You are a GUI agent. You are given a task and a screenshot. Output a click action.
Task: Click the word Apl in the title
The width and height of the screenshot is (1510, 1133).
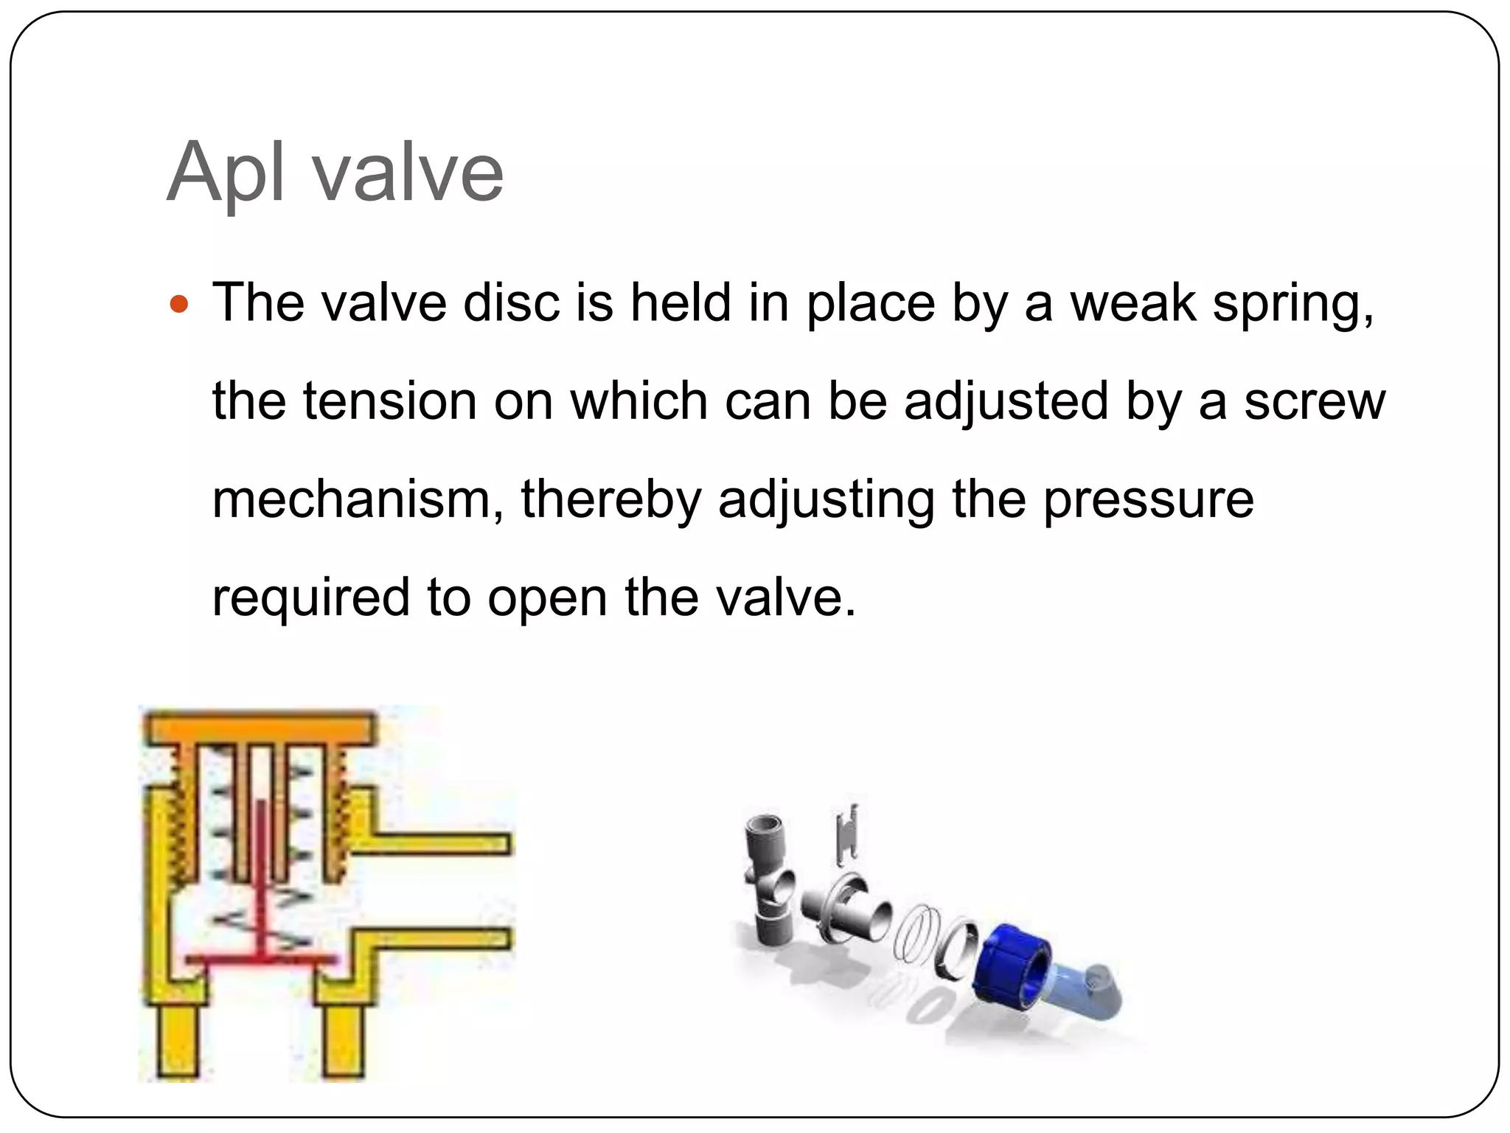point(226,172)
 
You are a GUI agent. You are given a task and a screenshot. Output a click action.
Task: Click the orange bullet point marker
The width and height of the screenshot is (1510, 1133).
point(179,303)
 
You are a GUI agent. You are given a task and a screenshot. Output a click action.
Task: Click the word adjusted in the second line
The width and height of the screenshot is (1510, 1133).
point(1006,403)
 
